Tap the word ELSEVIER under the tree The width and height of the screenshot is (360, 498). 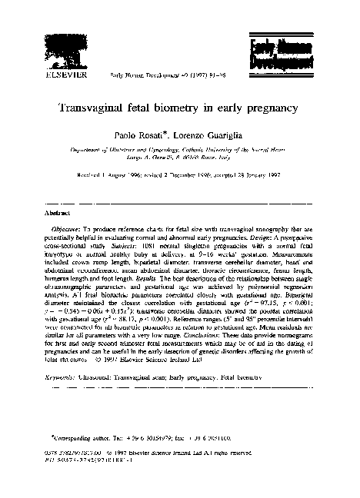coord(68,75)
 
